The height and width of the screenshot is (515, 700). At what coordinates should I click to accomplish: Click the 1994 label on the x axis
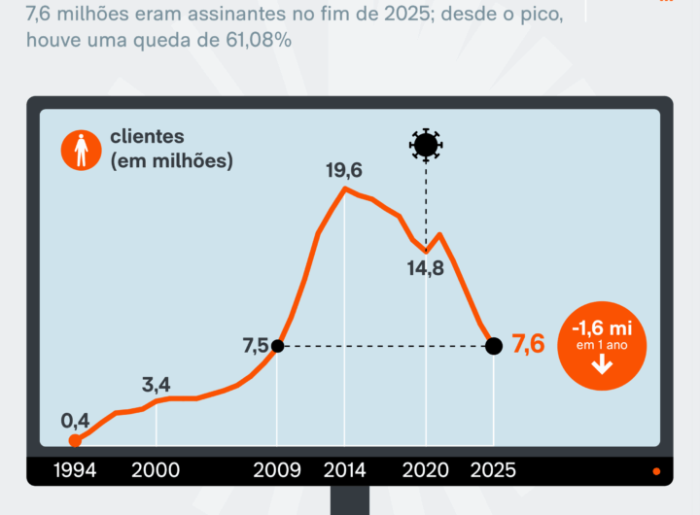pyautogui.click(x=76, y=470)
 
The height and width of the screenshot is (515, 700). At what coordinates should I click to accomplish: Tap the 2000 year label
pyautogui.click(x=156, y=470)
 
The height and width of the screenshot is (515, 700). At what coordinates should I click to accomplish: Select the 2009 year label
pyautogui.click(x=277, y=470)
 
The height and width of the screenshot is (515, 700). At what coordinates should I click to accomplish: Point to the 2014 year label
pyautogui.click(x=344, y=470)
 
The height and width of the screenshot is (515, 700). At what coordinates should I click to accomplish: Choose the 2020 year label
pyautogui.click(x=426, y=470)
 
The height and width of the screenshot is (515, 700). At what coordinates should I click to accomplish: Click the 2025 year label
pyautogui.click(x=493, y=470)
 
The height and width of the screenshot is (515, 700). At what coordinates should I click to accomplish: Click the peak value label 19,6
pyautogui.click(x=344, y=171)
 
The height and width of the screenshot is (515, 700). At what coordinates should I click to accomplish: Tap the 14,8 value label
pyautogui.click(x=425, y=269)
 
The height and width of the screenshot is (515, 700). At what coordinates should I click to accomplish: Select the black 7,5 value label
pyautogui.click(x=256, y=346)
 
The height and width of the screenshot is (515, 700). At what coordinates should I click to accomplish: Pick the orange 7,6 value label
pyautogui.click(x=528, y=345)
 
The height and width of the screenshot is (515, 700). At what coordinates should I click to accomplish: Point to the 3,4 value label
pyautogui.click(x=156, y=384)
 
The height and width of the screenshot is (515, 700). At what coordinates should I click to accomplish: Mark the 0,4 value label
pyautogui.click(x=75, y=421)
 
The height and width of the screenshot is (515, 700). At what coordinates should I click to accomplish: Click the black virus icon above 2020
pyautogui.click(x=425, y=145)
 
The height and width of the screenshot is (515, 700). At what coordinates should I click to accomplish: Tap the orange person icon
pyautogui.click(x=80, y=150)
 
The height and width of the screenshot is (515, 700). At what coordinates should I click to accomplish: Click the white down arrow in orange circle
pyautogui.click(x=601, y=364)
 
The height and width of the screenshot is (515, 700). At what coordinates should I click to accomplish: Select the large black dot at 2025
pyautogui.click(x=493, y=346)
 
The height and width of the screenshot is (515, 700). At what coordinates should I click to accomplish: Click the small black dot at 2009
pyautogui.click(x=277, y=346)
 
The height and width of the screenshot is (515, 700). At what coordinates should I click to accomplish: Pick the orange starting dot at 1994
pyautogui.click(x=75, y=440)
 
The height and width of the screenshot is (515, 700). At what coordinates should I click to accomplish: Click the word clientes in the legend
pyautogui.click(x=147, y=137)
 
